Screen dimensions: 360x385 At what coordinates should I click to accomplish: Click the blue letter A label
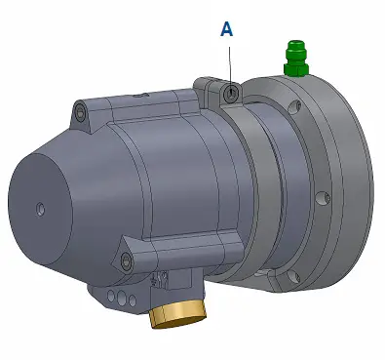[227, 29]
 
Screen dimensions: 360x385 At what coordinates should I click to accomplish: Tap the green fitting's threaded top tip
[293, 46]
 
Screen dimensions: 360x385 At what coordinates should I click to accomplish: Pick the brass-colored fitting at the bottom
[178, 314]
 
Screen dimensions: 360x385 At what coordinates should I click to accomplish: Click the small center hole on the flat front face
[40, 209]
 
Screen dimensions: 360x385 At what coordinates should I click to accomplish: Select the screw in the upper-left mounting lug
[80, 115]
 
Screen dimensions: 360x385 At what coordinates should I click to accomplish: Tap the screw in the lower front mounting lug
[126, 260]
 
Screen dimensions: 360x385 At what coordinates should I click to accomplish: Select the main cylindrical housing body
[175, 185]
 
